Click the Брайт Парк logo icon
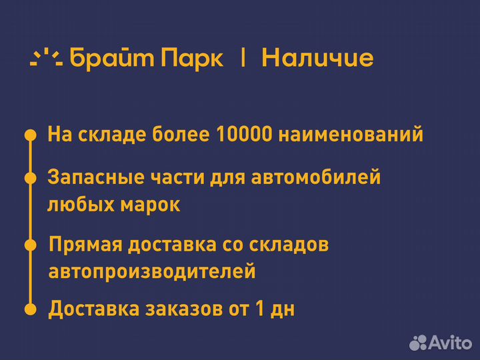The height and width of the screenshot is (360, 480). (x=46, y=58)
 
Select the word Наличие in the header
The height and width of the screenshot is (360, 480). (x=317, y=58)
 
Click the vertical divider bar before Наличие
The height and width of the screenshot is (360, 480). (x=243, y=58)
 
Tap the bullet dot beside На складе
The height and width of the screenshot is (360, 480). (x=30, y=135)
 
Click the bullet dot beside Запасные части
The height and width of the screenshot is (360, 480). (x=30, y=178)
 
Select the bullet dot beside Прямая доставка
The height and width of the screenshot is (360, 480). (x=30, y=245)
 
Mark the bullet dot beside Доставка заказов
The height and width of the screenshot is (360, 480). (x=30, y=309)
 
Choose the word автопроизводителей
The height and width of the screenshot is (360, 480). (x=152, y=271)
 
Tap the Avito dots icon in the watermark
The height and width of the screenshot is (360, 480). (x=417, y=342)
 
